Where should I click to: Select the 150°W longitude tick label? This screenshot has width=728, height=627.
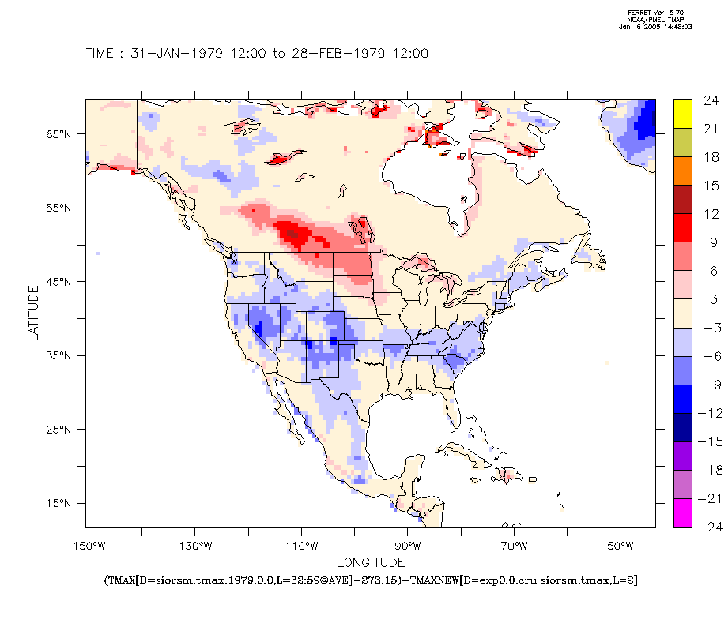[x=89, y=546]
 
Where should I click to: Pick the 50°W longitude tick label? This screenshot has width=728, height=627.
[x=620, y=546]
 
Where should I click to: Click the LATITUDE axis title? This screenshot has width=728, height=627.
[x=33, y=313]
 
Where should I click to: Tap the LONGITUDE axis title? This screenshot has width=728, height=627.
[x=371, y=562]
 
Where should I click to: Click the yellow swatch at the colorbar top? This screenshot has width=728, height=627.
[x=683, y=111]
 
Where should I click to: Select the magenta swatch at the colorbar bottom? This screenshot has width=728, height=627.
[x=683, y=512]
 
